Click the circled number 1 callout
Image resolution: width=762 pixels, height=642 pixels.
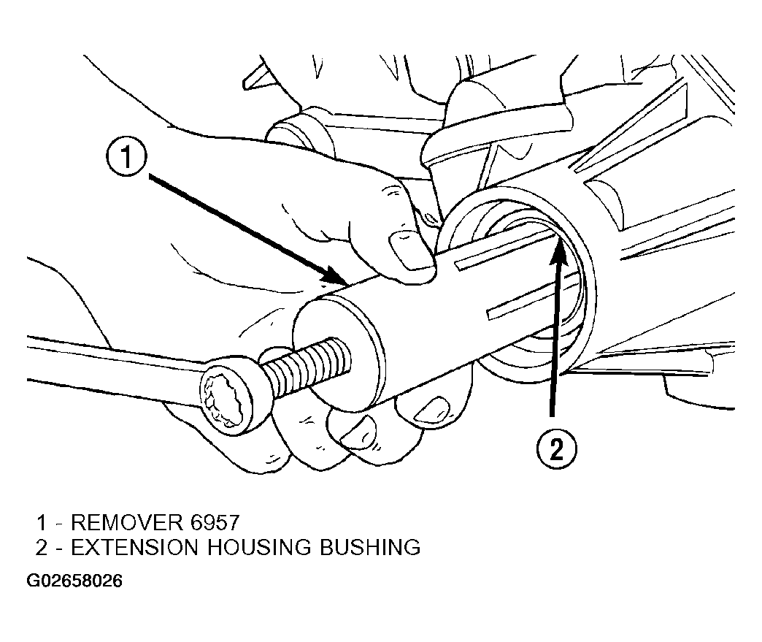[126, 158]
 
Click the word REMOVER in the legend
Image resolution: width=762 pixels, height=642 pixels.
[127, 522]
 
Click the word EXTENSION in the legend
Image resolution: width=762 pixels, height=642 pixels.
[134, 548]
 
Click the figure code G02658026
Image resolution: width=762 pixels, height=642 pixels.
[74, 581]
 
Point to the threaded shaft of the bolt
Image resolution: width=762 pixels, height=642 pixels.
[305, 363]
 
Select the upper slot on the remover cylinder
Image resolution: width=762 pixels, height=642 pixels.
[505, 248]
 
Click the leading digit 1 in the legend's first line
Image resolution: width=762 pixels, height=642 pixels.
[42, 522]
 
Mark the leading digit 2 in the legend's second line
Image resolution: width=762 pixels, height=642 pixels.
[42, 548]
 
